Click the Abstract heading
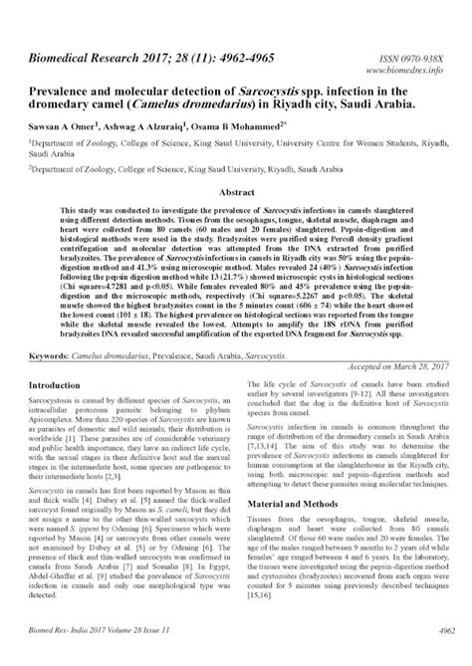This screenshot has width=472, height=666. (x=237, y=189)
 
